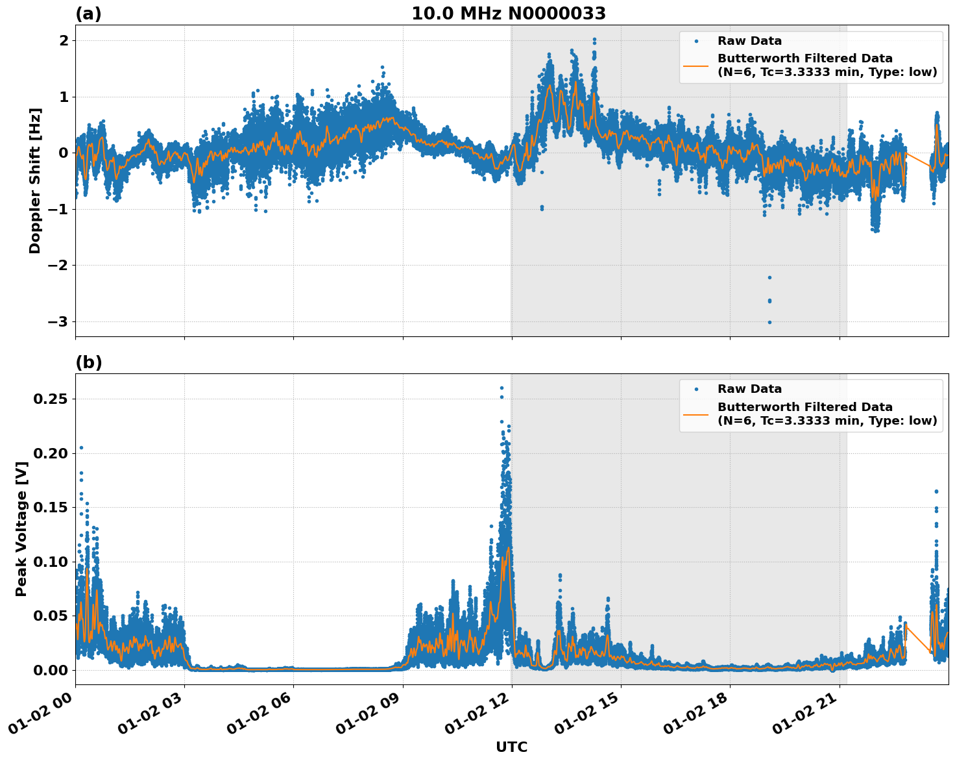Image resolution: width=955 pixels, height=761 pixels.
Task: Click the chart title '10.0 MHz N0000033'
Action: point(509,14)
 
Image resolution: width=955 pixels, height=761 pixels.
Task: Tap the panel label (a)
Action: point(88,14)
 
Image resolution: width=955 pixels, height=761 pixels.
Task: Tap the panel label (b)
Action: point(88,362)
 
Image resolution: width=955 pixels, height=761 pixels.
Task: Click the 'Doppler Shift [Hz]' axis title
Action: point(35,181)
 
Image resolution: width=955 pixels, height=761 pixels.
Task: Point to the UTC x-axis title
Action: point(511,747)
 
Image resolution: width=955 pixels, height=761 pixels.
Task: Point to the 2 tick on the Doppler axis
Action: point(64,40)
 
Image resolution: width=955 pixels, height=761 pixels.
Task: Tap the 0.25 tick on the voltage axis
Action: point(51,399)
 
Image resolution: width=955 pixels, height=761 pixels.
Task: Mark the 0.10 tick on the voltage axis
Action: point(51,562)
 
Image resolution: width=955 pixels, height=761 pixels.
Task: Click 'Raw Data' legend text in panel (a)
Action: point(749,41)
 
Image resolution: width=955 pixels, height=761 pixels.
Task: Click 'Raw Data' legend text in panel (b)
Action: point(749,389)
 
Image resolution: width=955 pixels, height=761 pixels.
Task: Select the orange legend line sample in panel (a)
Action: point(695,66)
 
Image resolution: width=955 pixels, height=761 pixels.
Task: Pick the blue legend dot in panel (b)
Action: point(695,390)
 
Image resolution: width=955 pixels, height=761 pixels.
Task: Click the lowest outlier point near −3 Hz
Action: point(769,322)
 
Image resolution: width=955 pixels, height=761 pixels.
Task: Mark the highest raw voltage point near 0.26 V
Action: point(502,388)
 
